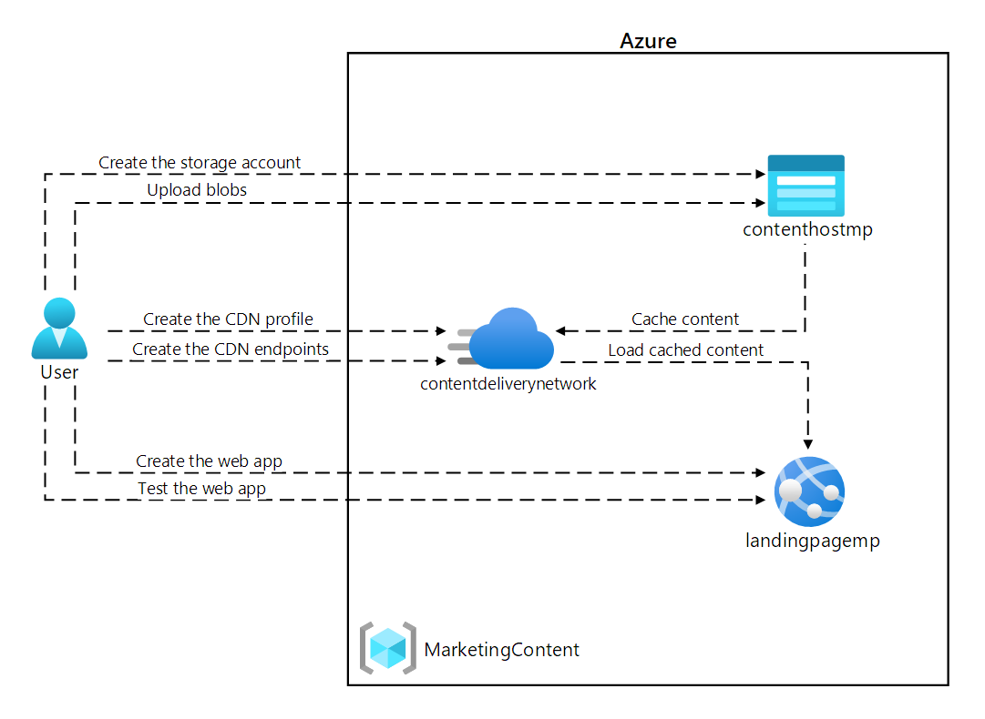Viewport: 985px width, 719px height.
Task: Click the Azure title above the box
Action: [648, 41]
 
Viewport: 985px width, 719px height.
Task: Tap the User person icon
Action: [59, 329]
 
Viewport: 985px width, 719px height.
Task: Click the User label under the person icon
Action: [59, 372]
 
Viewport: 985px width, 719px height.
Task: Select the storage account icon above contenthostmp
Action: [805, 185]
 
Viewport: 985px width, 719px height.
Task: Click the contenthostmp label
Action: [807, 230]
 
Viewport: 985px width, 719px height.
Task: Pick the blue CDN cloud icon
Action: [510, 338]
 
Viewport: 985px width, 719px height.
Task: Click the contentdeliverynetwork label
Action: [508, 384]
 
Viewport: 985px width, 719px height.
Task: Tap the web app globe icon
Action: [809, 491]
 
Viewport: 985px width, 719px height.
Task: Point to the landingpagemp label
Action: [812, 541]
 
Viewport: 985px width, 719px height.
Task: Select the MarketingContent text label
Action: [501, 650]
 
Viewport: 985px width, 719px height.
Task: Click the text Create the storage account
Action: [200, 163]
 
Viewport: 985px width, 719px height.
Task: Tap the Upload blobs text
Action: [197, 190]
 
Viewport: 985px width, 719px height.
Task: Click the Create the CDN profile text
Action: [228, 319]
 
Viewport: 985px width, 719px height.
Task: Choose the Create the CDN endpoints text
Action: [231, 349]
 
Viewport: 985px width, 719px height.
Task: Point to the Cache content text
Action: [685, 319]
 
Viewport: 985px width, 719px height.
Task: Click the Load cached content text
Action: [686, 349]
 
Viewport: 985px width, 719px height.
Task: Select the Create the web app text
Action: [209, 461]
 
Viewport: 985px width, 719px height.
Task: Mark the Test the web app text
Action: [201, 489]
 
